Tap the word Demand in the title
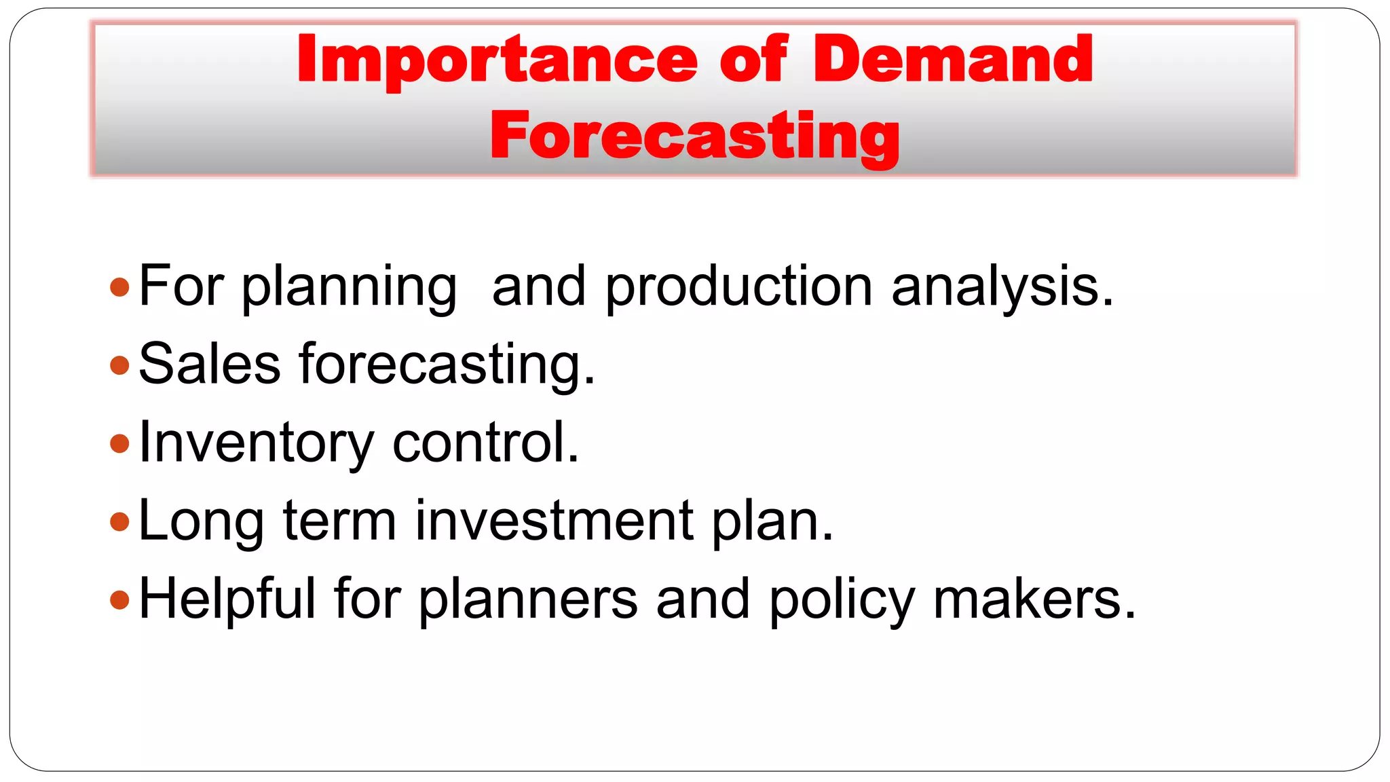click(953, 60)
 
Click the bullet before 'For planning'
click(119, 287)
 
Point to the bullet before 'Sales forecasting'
click(119, 365)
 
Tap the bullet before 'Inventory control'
click(119, 443)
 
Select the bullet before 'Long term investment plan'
click(119, 521)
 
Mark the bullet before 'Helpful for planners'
click(119, 599)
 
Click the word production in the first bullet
click(738, 287)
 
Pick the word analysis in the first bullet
click(1002, 287)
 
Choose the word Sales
click(209, 365)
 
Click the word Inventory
click(256, 443)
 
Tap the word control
click(486, 443)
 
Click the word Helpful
click(227, 599)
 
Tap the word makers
click(1034, 599)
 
